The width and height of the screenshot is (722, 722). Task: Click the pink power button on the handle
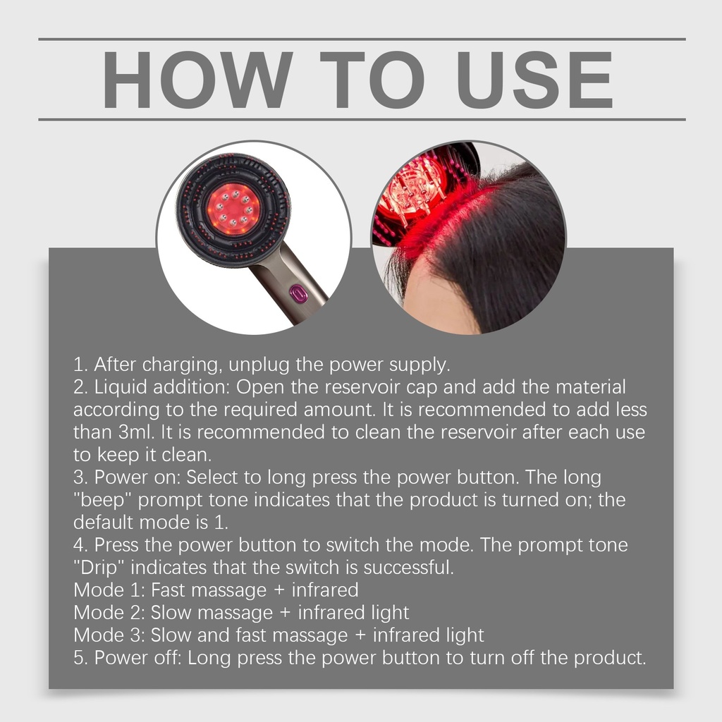(298, 294)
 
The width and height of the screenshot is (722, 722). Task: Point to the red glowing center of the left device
(233, 209)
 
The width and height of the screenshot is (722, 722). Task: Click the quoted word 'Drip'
(99, 568)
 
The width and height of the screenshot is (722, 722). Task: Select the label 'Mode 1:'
(109, 590)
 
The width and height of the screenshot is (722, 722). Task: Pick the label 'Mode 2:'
(109, 613)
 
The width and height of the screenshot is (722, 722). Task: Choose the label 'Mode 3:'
(109, 635)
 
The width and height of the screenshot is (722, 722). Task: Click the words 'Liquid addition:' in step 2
(161, 387)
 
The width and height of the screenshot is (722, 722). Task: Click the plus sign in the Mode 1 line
(279, 590)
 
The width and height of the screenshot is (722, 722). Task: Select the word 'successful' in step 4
(408, 568)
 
